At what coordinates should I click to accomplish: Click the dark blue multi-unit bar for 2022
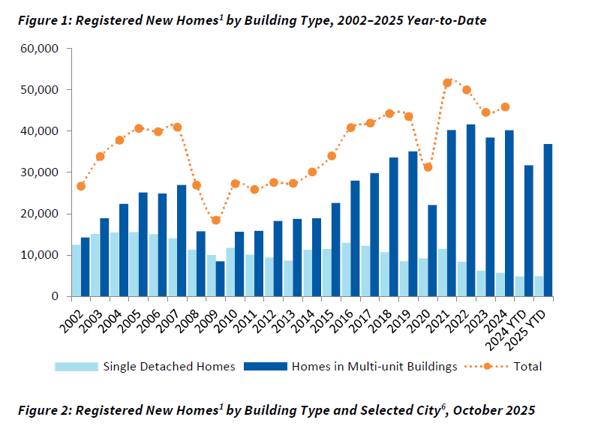[x=470, y=210]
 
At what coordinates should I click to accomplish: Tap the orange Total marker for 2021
[x=448, y=83]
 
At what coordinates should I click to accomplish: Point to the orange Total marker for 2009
[x=216, y=220]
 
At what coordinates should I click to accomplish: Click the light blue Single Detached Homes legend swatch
[x=76, y=367]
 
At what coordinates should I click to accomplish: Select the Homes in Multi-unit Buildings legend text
[x=374, y=367]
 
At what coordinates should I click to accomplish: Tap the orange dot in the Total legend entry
[x=487, y=367]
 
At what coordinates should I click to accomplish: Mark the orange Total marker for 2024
[x=506, y=107]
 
